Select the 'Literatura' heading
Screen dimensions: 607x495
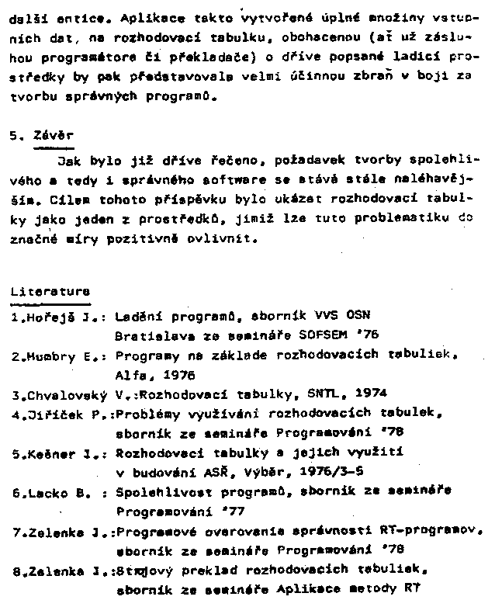click(50, 292)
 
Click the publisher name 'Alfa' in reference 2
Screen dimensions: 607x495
click(130, 374)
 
